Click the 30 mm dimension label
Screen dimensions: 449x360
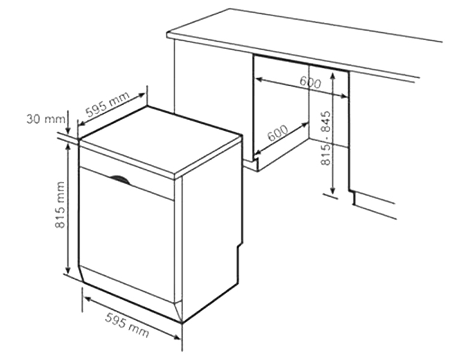[46, 118]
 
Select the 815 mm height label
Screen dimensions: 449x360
[60, 205]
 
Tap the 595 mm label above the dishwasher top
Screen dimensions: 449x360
[108, 104]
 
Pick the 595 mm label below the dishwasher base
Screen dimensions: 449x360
[127, 325]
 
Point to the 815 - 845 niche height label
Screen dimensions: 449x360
[326, 138]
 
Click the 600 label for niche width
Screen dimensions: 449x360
[310, 82]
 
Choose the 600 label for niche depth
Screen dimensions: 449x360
[278, 133]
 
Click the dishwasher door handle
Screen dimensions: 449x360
[120, 180]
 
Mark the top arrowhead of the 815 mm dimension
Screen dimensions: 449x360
[68, 147]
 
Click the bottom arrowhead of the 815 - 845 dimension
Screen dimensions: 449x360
[332, 190]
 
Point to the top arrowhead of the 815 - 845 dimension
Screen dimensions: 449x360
[332, 76]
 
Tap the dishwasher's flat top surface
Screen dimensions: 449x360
[160, 139]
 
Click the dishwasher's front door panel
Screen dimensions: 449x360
[126, 234]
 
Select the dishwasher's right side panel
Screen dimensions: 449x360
[211, 229]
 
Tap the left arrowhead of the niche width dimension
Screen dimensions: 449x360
[259, 80]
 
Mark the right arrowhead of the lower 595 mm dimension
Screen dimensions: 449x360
[177, 337]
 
